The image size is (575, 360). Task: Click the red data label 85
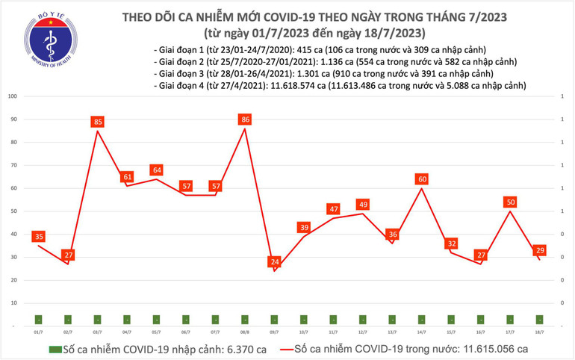pyautogui.click(x=98, y=121)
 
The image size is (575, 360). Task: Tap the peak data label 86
pyautogui.click(x=244, y=119)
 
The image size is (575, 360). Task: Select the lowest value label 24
pyautogui.click(x=274, y=262)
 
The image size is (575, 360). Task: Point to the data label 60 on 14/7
pyautogui.click(x=422, y=179)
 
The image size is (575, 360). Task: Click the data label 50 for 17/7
pyautogui.click(x=510, y=202)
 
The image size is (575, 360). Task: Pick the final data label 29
pyautogui.click(x=540, y=250)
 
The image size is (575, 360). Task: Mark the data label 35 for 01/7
pyautogui.click(x=39, y=237)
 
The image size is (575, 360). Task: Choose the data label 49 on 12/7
pyautogui.click(x=363, y=204)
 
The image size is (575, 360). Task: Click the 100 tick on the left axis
pyautogui.click(x=13, y=96)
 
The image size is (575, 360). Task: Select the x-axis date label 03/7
pyautogui.click(x=97, y=332)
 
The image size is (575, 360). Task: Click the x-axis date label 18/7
pyautogui.click(x=539, y=332)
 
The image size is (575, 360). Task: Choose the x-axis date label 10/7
pyautogui.click(x=303, y=332)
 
